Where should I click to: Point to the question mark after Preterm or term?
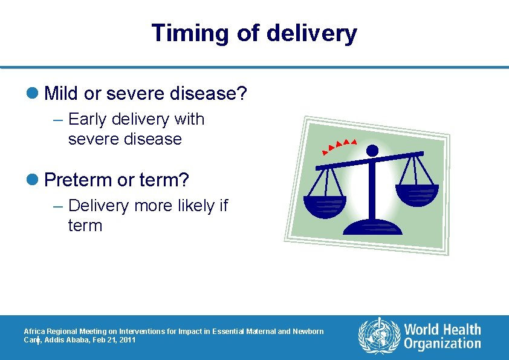coord(184,180)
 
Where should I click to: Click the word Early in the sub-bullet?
coord(87,119)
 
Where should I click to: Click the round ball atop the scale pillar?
coord(372,149)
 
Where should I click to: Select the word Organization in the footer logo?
coord(443,344)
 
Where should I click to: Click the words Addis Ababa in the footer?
coord(67,341)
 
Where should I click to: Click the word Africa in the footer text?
coord(33,332)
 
